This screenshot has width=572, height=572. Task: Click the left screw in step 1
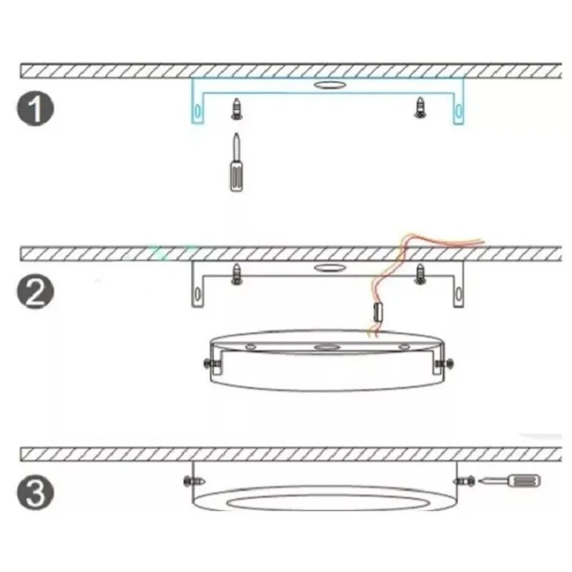[235, 109]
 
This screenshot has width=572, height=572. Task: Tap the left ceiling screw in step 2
[236, 272]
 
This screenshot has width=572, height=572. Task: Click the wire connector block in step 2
[379, 311]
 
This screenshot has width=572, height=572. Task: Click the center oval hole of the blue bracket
[328, 85]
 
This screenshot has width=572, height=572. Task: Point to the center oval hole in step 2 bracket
[328, 269]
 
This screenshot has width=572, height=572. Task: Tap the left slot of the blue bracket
[197, 112]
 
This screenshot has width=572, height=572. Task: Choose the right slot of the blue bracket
[457, 112]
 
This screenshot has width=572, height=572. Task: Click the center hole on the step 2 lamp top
[328, 347]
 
